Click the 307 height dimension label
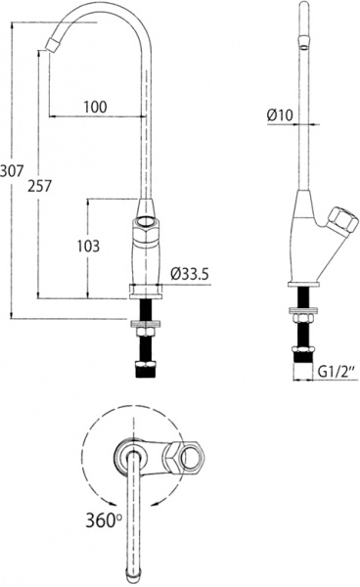pos(13,171)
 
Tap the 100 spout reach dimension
pos(94,106)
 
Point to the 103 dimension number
pos(87,247)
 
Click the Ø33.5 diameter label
pos(190,274)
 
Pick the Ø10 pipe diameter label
pos(279,115)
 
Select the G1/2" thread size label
pos(336,371)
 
